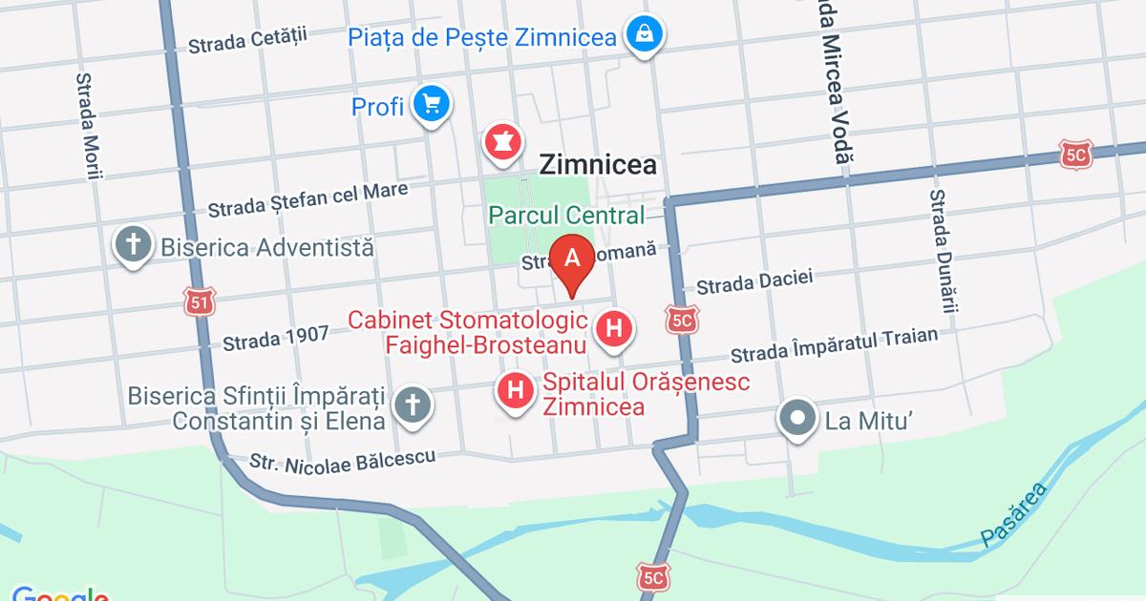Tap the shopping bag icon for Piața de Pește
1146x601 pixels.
[x=646, y=35]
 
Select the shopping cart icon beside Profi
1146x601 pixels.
[x=431, y=104]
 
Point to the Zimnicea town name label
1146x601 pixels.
[x=598, y=165]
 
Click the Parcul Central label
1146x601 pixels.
[x=566, y=216]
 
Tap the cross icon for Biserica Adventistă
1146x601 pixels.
[x=134, y=245]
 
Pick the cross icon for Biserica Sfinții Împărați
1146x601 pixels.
[x=413, y=404]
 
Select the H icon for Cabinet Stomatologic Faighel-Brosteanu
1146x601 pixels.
[x=614, y=330]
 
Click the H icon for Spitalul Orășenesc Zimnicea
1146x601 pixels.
[x=516, y=390]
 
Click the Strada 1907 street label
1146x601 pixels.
[x=275, y=338]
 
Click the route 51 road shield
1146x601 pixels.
[x=200, y=302]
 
